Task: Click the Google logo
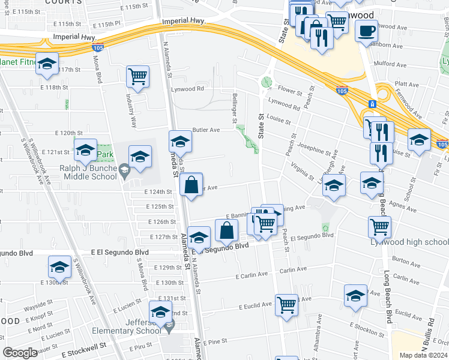point(20,353)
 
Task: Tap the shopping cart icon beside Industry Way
point(138,77)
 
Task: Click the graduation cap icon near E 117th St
point(46,64)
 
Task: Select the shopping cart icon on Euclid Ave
point(287,304)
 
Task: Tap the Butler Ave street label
point(206,130)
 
